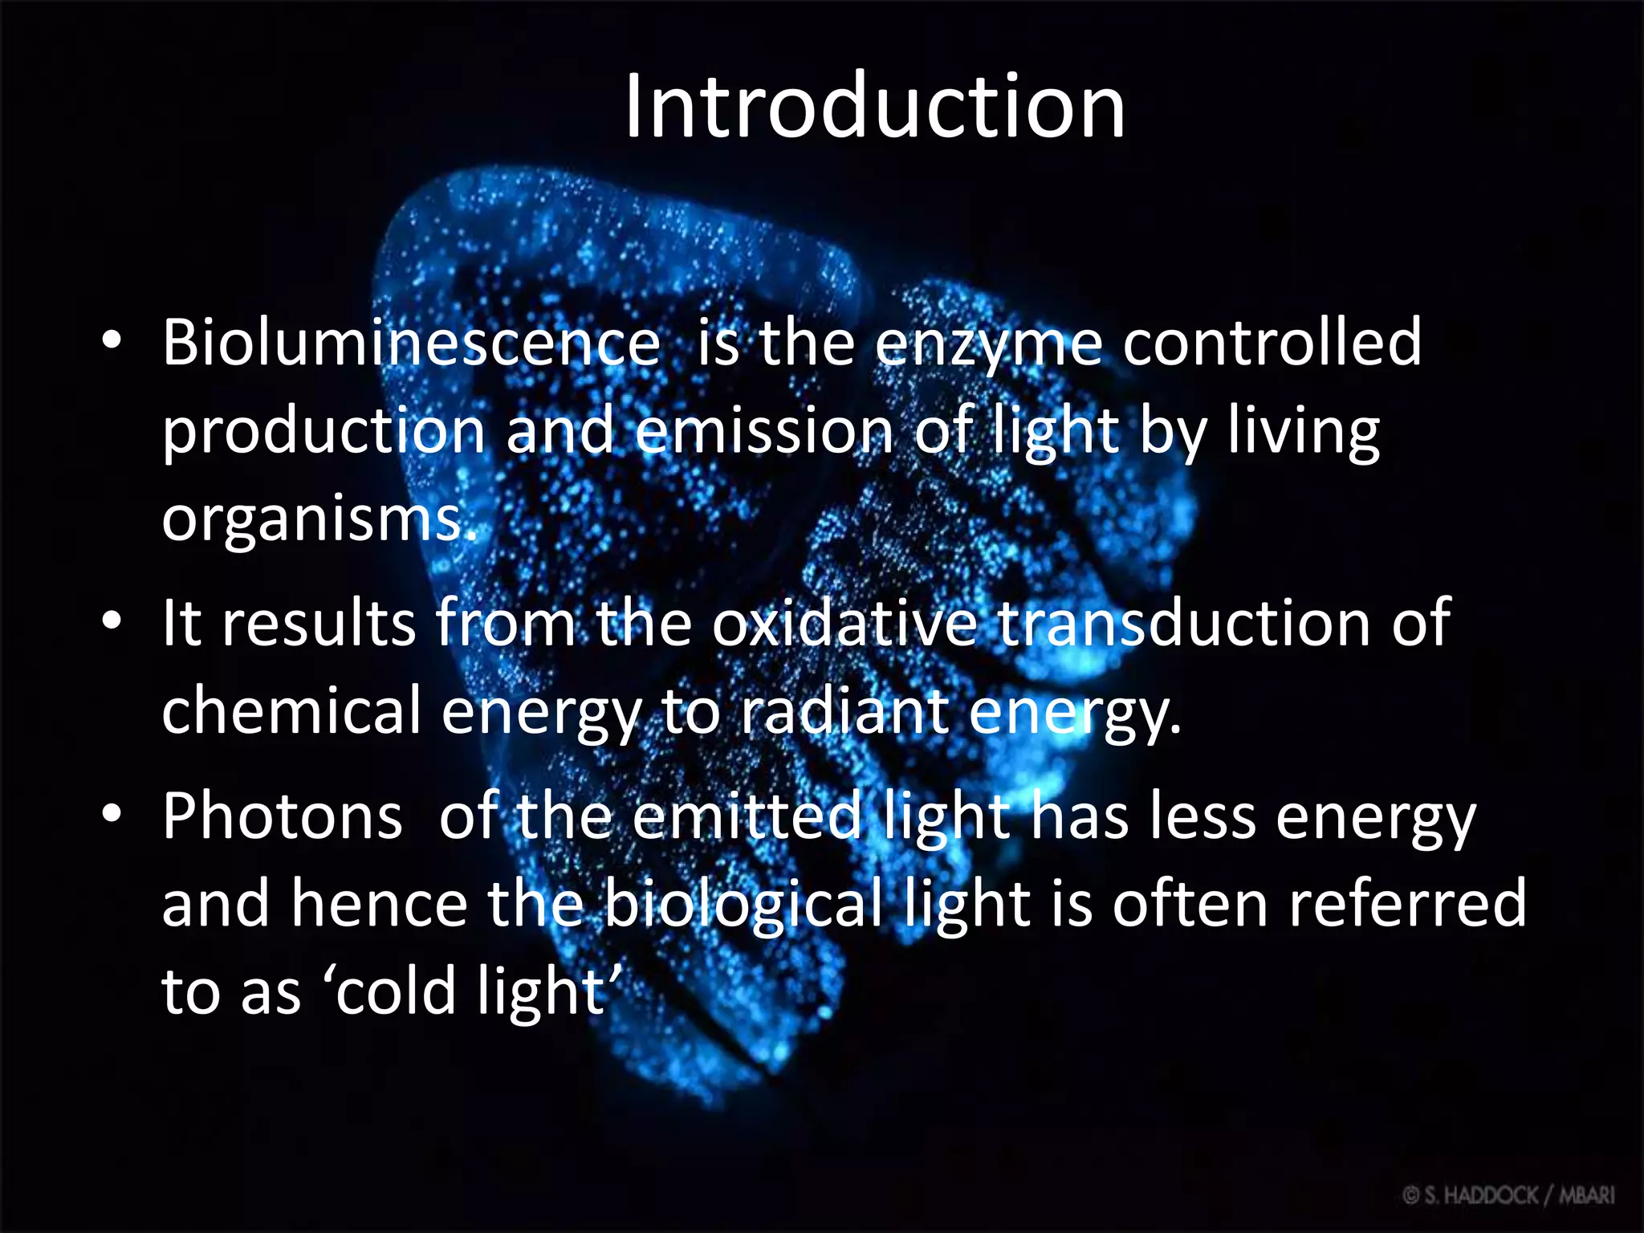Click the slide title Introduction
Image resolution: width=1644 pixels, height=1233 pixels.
coord(874,107)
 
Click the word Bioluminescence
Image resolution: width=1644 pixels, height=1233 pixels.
coord(411,343)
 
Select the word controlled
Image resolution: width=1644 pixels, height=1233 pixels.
coord(1272,343)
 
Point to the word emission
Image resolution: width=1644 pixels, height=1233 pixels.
coord(763,431)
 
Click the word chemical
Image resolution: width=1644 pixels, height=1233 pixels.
coord(291,711)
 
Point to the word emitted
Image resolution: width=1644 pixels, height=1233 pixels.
coord(746,816)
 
